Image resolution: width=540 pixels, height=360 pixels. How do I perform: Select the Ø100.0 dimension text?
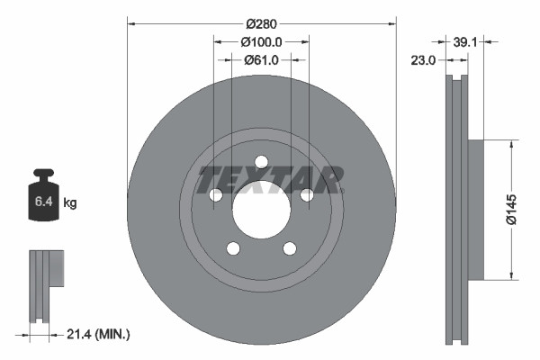point(262,40)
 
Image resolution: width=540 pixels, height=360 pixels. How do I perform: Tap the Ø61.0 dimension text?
point(262,60)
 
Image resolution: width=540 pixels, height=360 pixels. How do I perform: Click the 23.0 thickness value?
point(423,60)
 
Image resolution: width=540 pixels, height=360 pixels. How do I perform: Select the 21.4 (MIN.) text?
point(100,334)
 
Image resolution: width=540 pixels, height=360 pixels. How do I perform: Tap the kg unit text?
point(70,203)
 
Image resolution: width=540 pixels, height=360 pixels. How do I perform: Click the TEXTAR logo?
point(270,179)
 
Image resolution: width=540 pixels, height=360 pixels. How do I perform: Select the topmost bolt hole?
point(261,162)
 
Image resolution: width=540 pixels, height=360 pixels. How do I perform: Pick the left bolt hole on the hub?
point(216,195)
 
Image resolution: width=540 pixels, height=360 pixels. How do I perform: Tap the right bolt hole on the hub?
point(306,195)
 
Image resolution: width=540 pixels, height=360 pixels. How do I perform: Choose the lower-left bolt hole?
point(233,248)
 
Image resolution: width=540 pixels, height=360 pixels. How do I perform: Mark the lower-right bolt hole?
point(290,248)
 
